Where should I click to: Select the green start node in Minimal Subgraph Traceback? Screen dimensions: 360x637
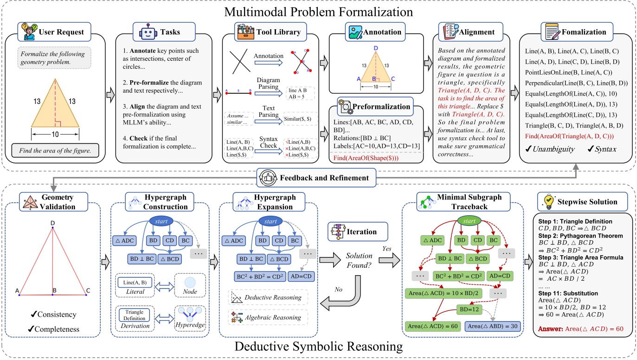pyautogui.click(x=472, y=221)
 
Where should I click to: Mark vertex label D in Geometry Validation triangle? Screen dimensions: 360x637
pyautogui.click(x=53, y=223)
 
